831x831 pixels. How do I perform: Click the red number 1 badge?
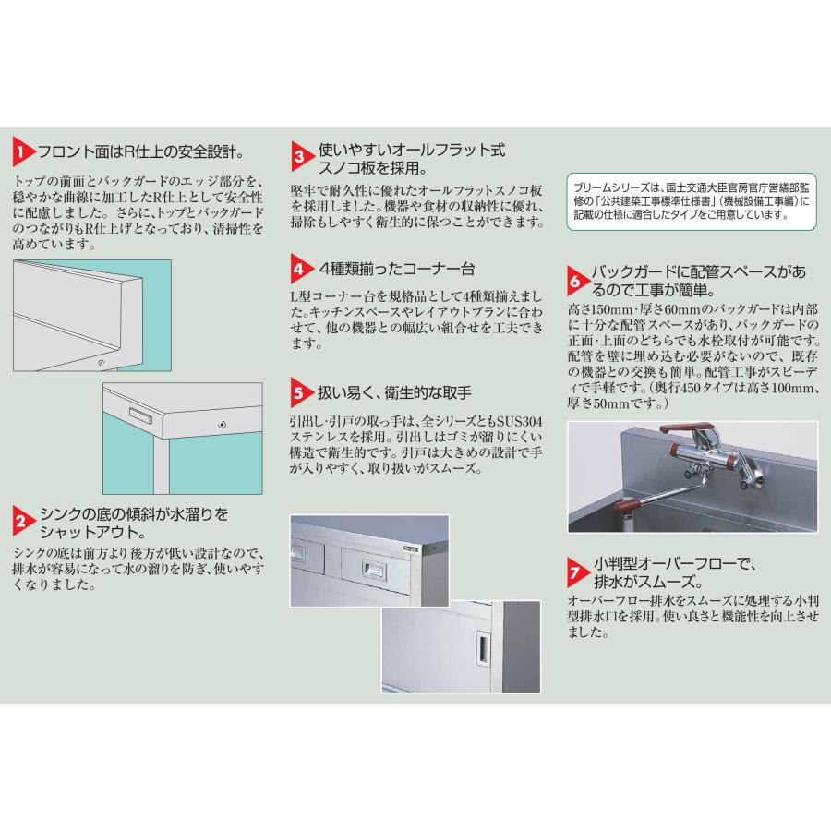[24, 151]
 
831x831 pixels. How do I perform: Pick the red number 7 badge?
[575, 573]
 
